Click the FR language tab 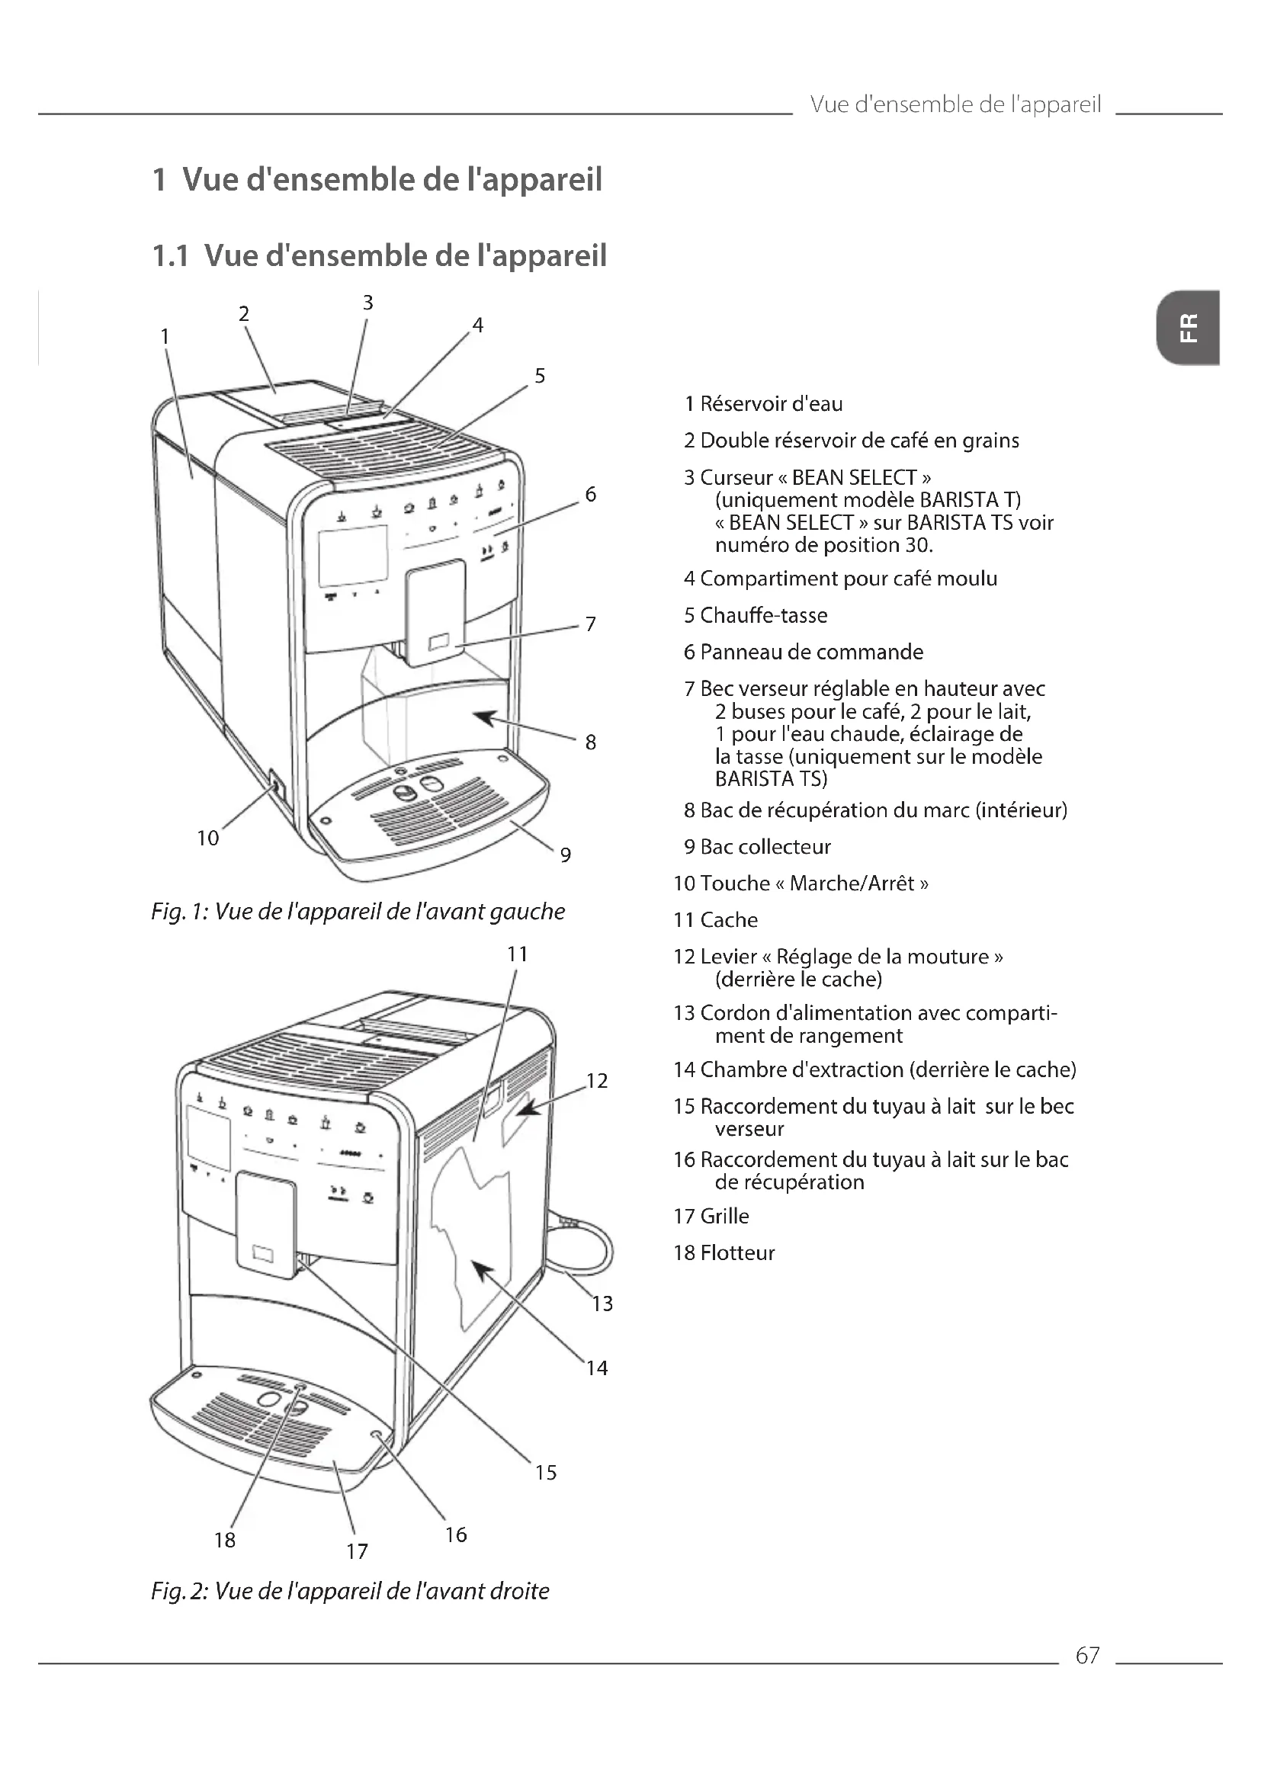pyautogui.click(x=1188, y=328)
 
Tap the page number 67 pyautogui.click(x=1087, y=1655)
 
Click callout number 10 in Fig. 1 pyautogui.click(x=207, y=838)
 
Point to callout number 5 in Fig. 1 pyautogui.click(x=540, y=376)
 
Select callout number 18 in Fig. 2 pyautogui.click(x=224, y=1539)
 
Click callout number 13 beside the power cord pyautogui.click(x=602, y=1303)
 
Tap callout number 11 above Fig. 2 pyautogui.click(x=517, y=954)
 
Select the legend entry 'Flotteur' pyautogui.click(x=724, y=1252)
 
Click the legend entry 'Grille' pyautogui.click(x=711, y=1216)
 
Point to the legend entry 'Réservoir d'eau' pyautogui.click(x=763, y=404)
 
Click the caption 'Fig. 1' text pyautogui.click(x=357, y=911)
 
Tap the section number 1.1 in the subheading pyautogui.click(x=171, y=255)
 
